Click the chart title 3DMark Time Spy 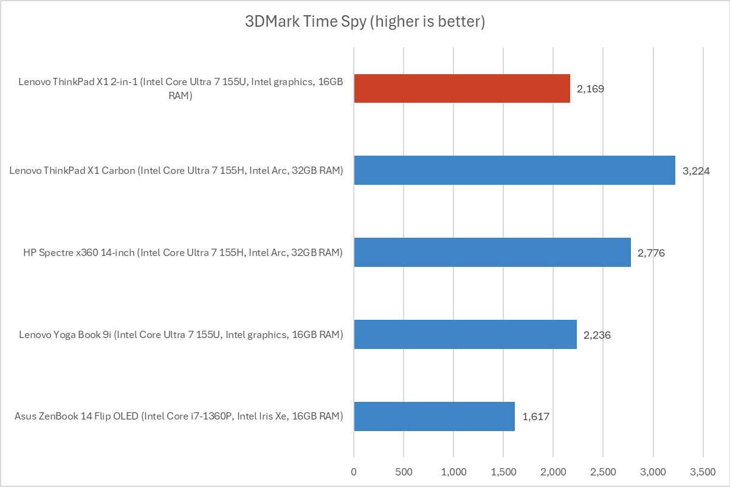click(365, 22)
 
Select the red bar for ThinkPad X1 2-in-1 click(462, 88)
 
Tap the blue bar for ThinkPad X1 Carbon click(514, 170)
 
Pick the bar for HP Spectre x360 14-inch click(492, 252)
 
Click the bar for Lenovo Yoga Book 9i click(465, 334)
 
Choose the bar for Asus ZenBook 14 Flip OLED click(434, 416)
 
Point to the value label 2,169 click(590, 89)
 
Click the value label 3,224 click(696, 171)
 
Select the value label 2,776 click(651, 253)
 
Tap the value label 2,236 click(597, 335)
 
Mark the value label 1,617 click(535, 417)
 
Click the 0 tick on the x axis click(354, 471)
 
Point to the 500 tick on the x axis click(404, 471)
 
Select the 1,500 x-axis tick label click(503, 471)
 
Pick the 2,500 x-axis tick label click(603, 471)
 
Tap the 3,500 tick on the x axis click(703, 471)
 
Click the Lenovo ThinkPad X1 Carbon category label click(176, 171)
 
